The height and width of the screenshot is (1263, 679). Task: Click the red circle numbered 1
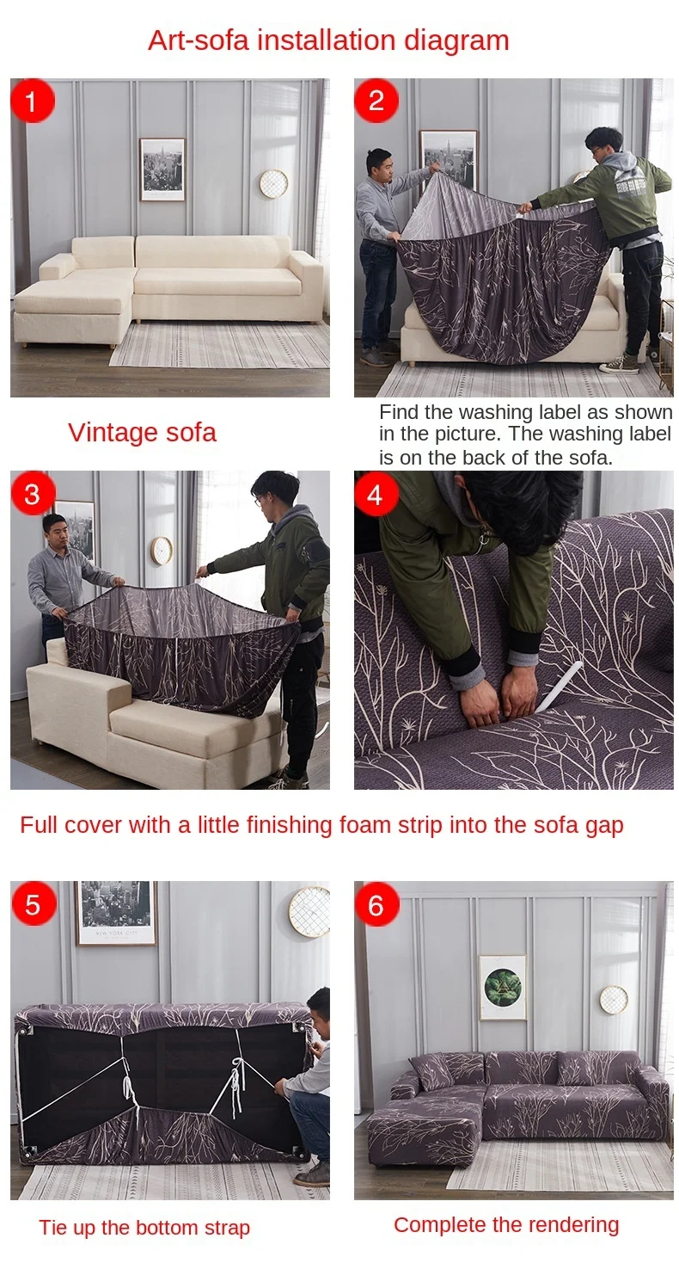[33, 101]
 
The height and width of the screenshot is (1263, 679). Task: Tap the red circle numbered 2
[376, 101]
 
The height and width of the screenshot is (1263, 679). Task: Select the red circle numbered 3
[33, 493]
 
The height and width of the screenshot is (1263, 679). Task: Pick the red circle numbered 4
[376, 493]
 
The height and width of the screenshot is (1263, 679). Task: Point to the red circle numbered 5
[34, 904]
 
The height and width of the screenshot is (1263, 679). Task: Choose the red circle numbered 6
[376, 904]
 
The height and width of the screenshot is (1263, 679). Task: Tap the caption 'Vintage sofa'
[142, 433]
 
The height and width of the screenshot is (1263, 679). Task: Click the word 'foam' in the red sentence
[364, 825]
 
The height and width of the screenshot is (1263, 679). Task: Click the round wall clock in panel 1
[274, 184]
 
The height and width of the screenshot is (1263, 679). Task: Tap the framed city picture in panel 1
[162, 169]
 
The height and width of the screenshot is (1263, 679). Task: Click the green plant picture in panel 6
[503, 988]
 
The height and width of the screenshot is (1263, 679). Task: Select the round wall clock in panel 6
[614, 1000]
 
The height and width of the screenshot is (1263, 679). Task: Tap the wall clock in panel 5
[311, 912]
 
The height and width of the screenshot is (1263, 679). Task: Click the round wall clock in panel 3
[162, 551]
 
